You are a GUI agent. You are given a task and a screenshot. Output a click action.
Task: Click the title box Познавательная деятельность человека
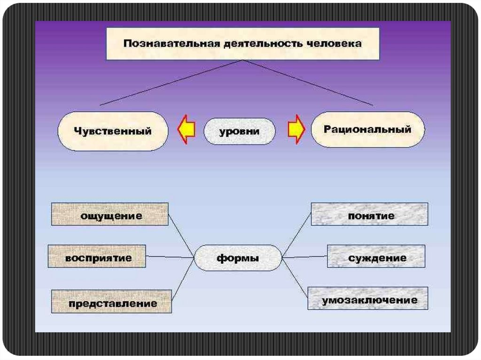pos(242,43)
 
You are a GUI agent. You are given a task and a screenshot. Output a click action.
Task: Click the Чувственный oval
pos(113,131)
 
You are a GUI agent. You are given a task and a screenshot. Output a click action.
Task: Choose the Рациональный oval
pos(368,129)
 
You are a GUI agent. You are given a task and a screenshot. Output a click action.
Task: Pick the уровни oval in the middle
pos(239,131)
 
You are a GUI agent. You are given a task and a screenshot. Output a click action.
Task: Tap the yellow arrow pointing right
pos(296,130)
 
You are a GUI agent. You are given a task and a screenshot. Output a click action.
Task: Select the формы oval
pos(238,258)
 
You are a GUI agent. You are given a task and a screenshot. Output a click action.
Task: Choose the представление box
pos(112,301)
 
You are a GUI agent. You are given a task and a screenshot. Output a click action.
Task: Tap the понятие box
pos(370,214)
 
